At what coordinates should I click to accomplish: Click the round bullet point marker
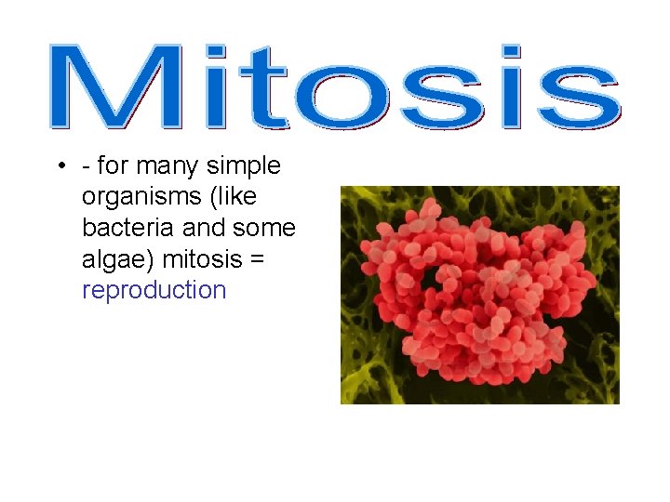tap(59, 166)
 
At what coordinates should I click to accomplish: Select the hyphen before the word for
tap(86, 167)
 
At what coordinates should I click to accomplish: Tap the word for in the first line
tap(113, 165)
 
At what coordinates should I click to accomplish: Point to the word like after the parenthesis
tap(236, 196)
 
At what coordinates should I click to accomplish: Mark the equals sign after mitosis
tap(257, 259)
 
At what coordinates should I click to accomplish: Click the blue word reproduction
tap(154, 291)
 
